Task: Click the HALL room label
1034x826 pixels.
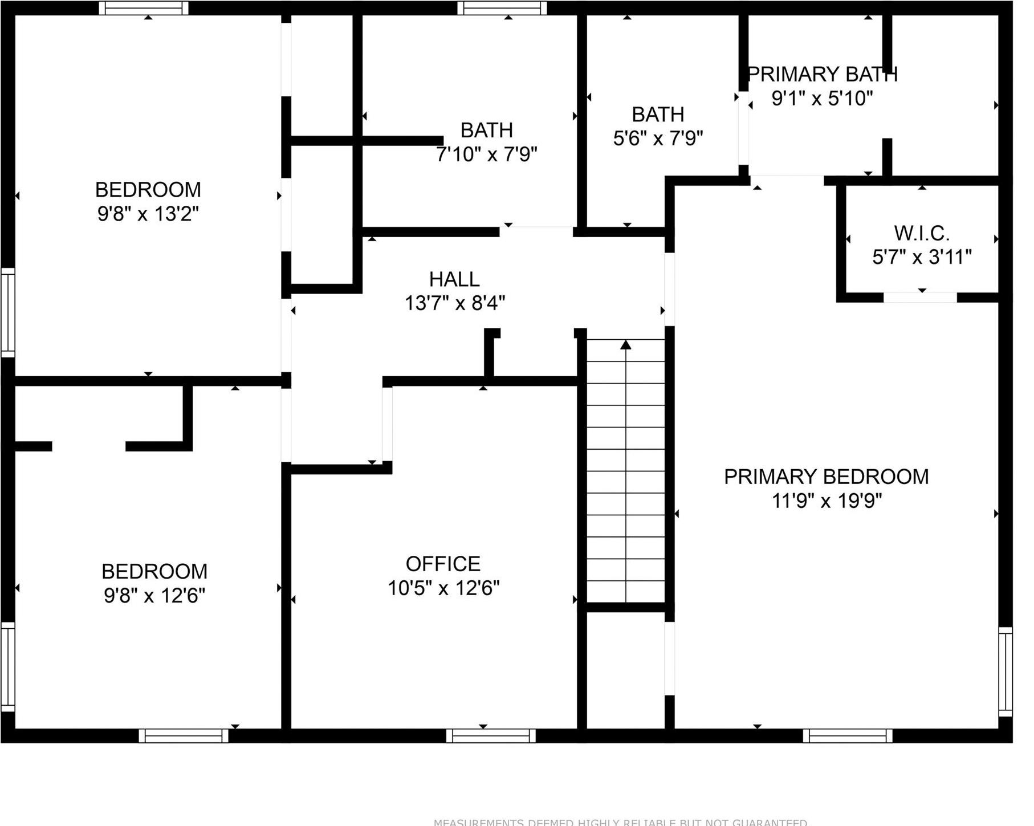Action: pos(454,279)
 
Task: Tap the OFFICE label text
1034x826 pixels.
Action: pos(443,564)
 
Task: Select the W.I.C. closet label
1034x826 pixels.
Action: pos(922,233)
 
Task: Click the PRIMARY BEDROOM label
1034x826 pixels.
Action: pos(826,477)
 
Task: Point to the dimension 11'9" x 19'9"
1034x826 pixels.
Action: pos(827,501)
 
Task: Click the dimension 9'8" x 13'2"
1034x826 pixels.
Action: pos(148,214)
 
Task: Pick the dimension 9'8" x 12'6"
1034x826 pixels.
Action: pos(154,596)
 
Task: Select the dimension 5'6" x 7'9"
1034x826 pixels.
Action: pos(658,139)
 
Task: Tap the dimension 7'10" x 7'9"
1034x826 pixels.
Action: pos(486,154)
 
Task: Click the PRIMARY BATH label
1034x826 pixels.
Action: pos(822,75)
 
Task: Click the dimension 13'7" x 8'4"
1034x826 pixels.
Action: pos(454,303)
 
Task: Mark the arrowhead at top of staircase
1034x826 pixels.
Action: pos(626,344)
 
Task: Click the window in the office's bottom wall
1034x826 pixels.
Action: pos(491,735)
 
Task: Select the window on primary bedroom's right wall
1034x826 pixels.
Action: pos(1005,672)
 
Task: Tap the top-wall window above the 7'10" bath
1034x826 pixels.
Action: pos(502,8)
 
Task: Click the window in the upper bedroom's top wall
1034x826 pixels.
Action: pos(144,8)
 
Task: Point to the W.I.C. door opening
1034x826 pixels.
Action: pos(920,298)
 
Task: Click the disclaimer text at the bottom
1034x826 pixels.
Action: pos(620,822)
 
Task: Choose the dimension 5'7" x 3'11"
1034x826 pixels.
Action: pos(922,257)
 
